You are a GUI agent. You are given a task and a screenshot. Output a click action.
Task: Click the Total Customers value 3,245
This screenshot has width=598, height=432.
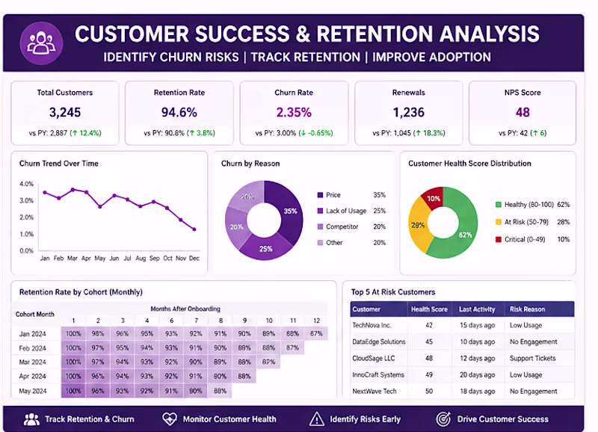click(65, 112)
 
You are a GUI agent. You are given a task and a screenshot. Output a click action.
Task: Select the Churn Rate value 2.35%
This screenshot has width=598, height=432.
click(294, 112)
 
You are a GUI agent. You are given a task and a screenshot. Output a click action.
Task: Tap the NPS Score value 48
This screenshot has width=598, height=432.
click(523, 112)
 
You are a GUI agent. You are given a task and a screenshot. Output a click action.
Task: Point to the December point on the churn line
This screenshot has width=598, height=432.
click(194, 229)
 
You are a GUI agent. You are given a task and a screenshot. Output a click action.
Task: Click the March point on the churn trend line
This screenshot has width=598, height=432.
click(73, 190)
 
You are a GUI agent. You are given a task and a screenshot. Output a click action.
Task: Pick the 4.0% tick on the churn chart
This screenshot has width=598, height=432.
click(27, 184)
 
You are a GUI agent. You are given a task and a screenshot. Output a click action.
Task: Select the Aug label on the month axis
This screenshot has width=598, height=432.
click(141, 258)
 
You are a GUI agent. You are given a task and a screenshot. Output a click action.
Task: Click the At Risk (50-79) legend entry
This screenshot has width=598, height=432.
click(522, 222)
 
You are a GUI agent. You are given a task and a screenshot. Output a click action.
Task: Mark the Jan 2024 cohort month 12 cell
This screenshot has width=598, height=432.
click(316, 333)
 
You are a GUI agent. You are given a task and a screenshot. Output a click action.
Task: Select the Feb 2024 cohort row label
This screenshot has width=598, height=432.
click(32, 348)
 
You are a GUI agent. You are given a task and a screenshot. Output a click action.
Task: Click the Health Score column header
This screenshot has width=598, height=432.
click(429, 309)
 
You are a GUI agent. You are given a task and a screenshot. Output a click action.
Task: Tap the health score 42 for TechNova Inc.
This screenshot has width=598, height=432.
click(429, 325)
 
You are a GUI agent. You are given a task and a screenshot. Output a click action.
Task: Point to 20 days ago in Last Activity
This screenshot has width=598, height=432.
click(477, 374)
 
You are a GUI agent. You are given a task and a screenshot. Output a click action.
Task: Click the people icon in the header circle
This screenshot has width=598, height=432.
click(41, 43)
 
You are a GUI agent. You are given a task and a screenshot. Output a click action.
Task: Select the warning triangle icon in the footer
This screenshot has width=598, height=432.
click(316, 419)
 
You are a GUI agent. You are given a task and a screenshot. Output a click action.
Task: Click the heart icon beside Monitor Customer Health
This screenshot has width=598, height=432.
click(170, 419)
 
